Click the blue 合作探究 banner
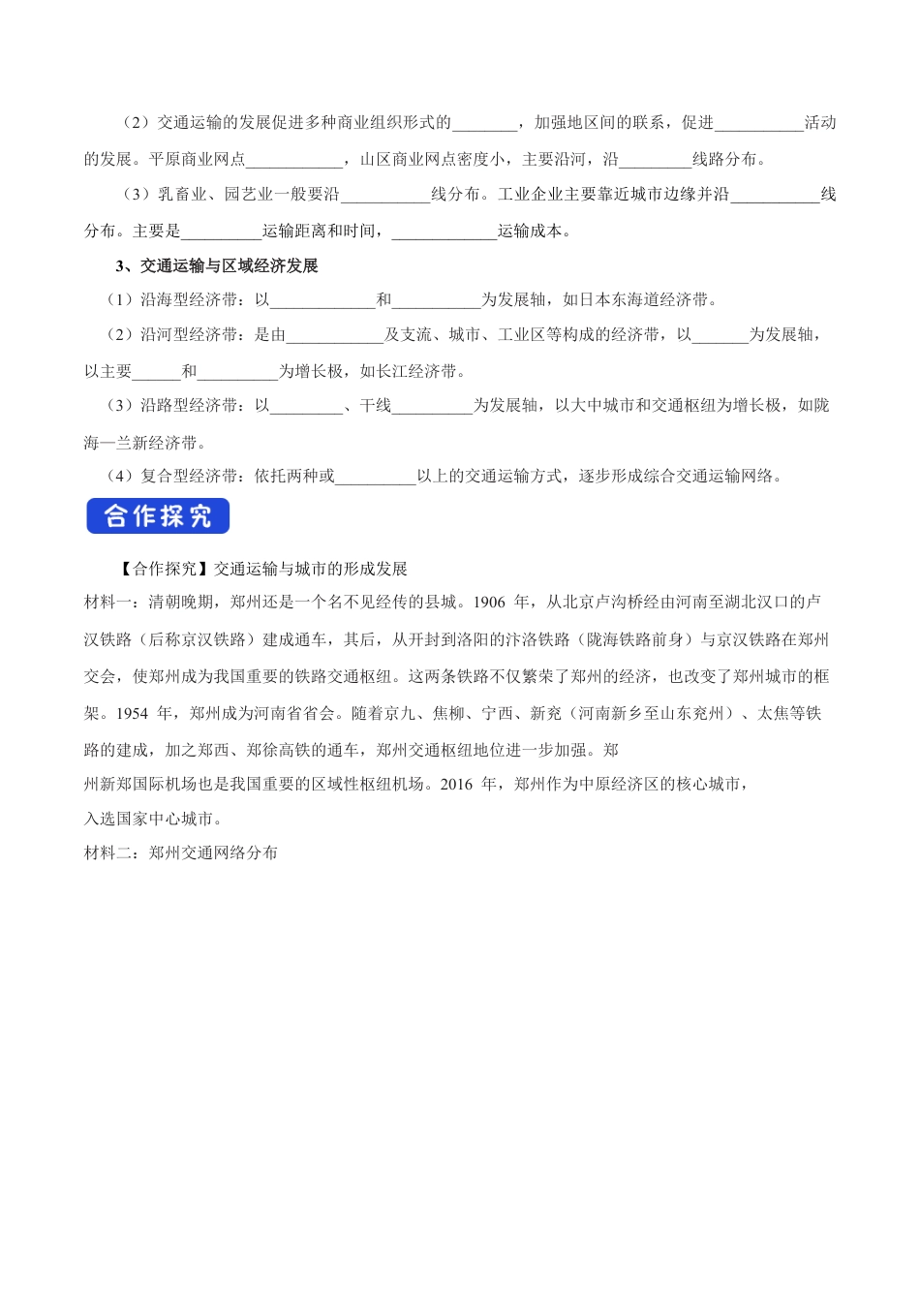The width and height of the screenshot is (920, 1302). pyautogui.click(x=158, y=516)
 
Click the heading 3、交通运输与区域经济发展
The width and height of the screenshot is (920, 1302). pyautogui.click(x=216, y=265)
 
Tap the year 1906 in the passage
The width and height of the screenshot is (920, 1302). pyautogui.click(x=490, y=603)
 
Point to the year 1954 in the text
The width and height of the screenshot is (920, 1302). pyautogui.click(x=132, y=714)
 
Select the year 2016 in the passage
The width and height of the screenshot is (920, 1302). pyautogui.click(x=456, y=785)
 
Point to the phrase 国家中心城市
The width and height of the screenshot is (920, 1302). pyautogui.click(x=157, y=820)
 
